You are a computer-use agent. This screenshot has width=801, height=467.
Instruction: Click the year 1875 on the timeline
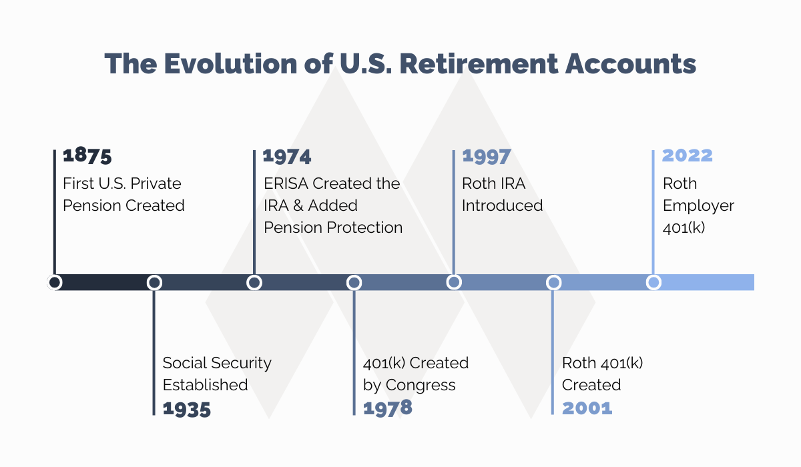[x=87, y=156]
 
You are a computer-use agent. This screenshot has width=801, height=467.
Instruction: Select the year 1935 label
[x=186, y=409]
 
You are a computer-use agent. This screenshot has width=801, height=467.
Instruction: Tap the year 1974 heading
[x=287, y=156]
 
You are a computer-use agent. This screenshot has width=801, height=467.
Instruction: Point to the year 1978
[x=387, y=408]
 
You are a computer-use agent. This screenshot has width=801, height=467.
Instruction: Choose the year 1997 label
[x=486, y=156]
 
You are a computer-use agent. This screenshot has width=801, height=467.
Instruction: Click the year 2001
[x=587, y=408]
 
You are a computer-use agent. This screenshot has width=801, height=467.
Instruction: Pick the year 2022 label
[x=687, y=156]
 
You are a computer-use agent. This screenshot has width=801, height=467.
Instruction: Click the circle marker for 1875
[x=55, y=282]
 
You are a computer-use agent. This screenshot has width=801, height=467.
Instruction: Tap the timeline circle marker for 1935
[x=154, y=282]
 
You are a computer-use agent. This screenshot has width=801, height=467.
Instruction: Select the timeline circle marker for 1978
[x=354, y=282]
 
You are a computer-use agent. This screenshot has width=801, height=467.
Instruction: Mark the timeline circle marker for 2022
[x=653, y=282]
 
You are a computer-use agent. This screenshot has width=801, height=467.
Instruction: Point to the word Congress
[x=421, y=385]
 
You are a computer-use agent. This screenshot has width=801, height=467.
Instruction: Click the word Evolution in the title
[x=218, y=64]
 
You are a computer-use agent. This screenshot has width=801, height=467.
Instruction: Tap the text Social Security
[x=217, y=363]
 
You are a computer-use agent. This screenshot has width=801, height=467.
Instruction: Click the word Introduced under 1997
[x=502, y=205]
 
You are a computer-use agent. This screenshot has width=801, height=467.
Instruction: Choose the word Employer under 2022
[x=698, y=205]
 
